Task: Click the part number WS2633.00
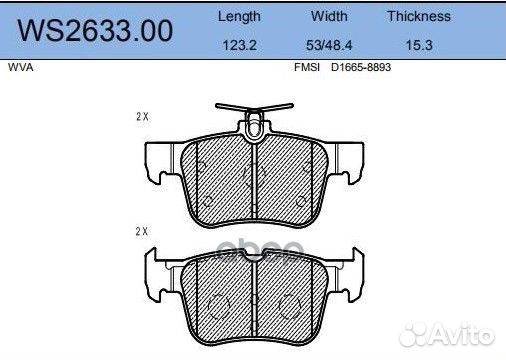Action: coord(95,31)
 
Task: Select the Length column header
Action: coord(239,17)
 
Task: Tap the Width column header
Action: coord(329,16)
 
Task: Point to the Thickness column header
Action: coord(419,16)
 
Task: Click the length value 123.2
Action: coord(239,45)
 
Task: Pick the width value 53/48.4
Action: coord(329,45)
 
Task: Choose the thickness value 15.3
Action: coord(419,45)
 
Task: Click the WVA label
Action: coord(20,67)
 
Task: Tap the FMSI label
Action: coord(307,67)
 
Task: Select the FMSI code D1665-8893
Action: coord(361,67)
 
